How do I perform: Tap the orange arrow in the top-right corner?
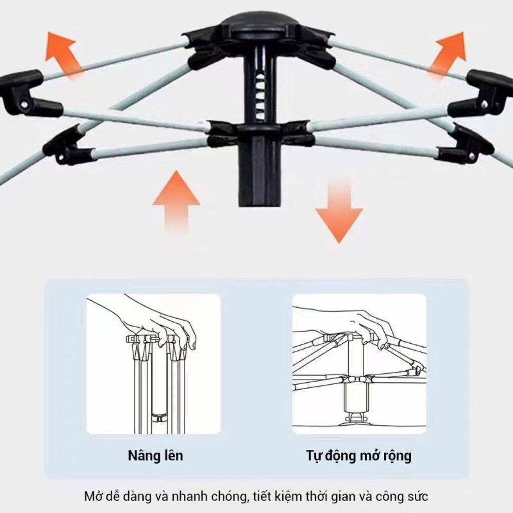click(x=448, y=54)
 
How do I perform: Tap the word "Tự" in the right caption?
click(x=314, y=456)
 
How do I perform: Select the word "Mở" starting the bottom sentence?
click(x=92, y=496)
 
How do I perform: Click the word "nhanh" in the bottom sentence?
click(x=189, y=496)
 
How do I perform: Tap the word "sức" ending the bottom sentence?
click(x=418, y=496)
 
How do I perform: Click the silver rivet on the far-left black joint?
click(x=24, y=104)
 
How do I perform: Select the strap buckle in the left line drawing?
click(x=159, y=418)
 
